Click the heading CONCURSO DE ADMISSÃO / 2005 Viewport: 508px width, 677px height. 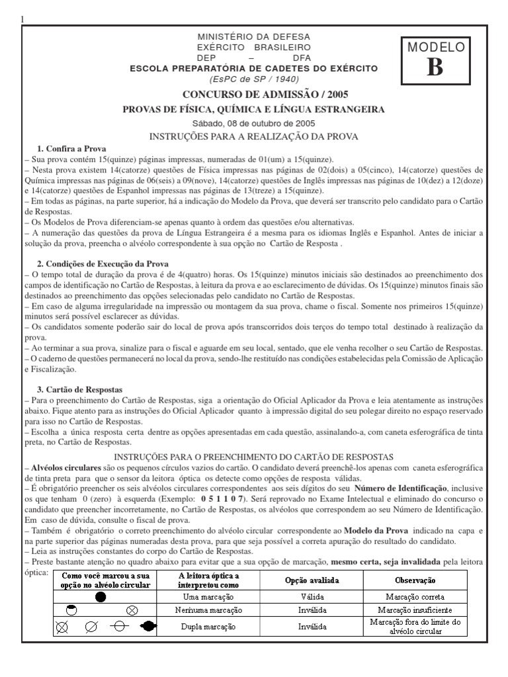click(x=255, y=95)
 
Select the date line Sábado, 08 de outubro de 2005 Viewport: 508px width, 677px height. click(x=254, y=123)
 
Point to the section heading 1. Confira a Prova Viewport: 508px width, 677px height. click(x=72, y=149)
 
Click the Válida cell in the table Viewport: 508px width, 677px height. click(x=312, y=596)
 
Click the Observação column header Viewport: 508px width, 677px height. click(x=415, y=580)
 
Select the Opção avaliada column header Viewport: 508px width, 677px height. click(x=312, y=580)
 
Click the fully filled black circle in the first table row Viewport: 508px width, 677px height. click(x=101, y=597)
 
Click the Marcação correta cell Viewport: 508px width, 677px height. click(x=415, y=596)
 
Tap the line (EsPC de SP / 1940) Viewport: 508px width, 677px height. click(x=254, y=77)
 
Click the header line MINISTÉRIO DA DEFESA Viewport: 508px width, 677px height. click(x=254, y=37)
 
